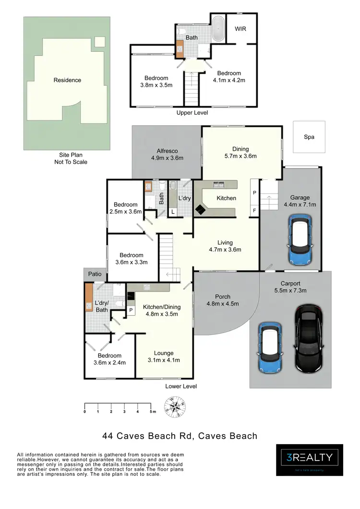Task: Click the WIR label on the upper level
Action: [240, 29]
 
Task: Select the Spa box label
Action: [309, 137]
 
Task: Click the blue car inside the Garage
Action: [300, 239]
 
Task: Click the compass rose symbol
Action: [176, 407]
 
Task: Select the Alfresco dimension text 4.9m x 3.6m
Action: [167, 158]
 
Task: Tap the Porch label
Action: [223, 296]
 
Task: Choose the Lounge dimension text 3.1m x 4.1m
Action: [164, 360]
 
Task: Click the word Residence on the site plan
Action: [67, 80]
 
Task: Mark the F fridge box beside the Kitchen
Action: [254, 210]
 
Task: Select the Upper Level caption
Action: [192, 113]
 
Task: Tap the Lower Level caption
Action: [181, 386]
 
